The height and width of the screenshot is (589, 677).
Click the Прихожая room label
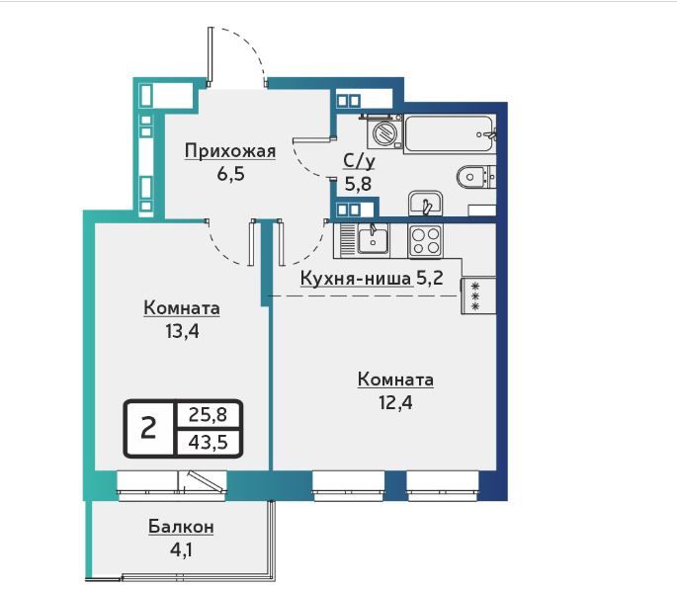pos(230,151)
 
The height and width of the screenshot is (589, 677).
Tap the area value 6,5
pos(231,174)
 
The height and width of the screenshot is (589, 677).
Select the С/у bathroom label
pos(359,161)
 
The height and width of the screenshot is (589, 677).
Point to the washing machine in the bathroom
pos(384,131)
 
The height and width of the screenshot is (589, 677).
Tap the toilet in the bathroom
pos(476,177)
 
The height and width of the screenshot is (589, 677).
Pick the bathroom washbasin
pos(426,203)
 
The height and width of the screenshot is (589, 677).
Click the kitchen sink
pos(373,240)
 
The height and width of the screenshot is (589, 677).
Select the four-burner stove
pos(425,241)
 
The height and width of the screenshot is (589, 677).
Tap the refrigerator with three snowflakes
pos(478,295)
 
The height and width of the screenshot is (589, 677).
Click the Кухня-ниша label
pos(356,279)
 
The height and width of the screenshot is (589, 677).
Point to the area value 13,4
pos(182,332)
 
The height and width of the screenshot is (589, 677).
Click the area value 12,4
pos(395,402)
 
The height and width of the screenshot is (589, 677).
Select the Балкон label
pos(181,527)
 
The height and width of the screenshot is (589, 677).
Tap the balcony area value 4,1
pos(181,550)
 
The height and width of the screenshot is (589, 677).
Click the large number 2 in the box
pos(148,428)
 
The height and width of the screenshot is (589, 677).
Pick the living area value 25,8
pos(209,414)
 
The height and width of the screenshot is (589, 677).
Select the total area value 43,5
pos(209,442)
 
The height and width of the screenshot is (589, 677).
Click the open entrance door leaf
pos(211,54)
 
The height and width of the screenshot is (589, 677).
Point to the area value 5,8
pos(358,185)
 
